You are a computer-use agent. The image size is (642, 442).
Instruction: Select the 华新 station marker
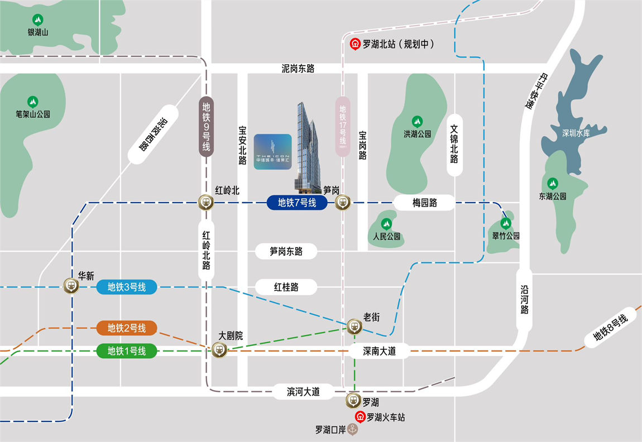pos(71,286)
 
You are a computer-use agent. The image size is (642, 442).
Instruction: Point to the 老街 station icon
pos(354,325)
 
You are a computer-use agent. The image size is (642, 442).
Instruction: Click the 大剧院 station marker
pos(219,350)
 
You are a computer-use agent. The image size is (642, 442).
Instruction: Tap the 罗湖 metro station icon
pos(354,400)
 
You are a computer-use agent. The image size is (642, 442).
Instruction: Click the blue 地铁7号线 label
pos(298,203)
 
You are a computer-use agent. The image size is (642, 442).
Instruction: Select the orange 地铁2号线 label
pos(127,328)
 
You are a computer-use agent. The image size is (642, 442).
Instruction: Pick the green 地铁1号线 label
pos(127,351)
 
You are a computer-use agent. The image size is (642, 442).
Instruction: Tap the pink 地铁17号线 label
pos(343,125)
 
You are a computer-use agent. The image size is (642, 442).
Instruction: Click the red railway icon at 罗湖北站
pos(355,44)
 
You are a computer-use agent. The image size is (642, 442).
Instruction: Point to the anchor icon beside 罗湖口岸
pos(352,429)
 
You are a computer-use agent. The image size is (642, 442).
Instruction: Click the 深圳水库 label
pos(577,134)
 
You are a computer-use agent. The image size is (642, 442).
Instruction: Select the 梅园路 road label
pos(425,203)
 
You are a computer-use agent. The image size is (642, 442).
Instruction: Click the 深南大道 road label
pos(379,351)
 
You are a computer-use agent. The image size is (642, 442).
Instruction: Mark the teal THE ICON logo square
pos(272,152)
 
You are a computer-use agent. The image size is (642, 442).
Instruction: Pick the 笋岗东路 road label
pos(286,252)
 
